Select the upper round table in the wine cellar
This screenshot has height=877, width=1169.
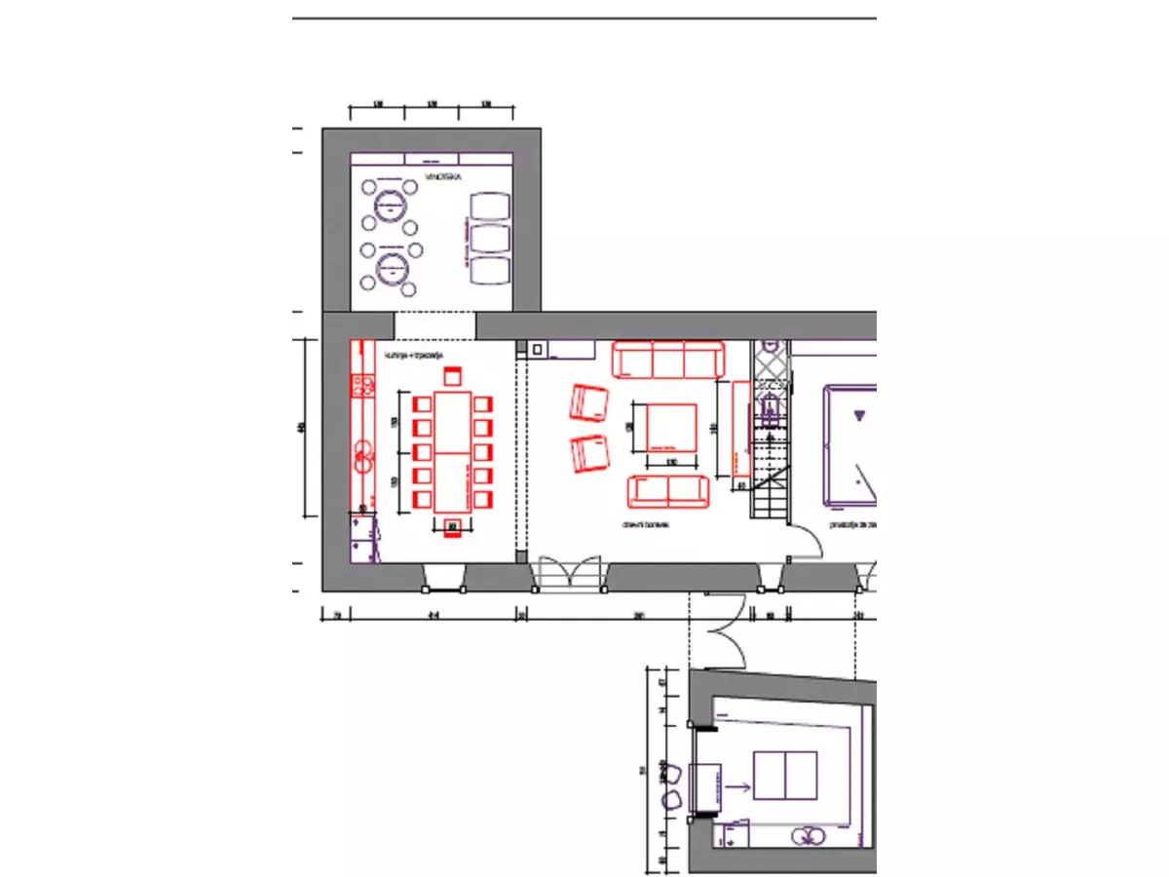(391, 204)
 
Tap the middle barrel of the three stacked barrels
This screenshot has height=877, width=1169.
(490, 238)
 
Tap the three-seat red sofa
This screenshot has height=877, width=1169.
(667, 360)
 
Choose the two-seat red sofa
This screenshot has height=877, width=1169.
(667, 492)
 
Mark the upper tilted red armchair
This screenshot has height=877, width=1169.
(589, 401)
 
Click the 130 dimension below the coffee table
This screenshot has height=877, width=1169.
(670, 461)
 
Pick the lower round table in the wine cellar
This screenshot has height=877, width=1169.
(391, 265)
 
